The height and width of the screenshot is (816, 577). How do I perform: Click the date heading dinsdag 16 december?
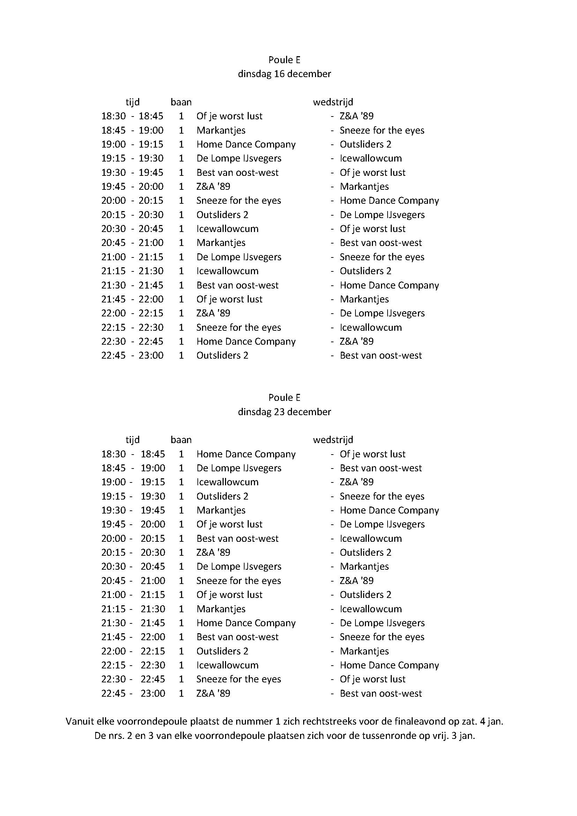284,74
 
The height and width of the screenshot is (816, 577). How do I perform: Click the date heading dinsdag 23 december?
284,412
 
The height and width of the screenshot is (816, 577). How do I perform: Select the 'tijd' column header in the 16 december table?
133,102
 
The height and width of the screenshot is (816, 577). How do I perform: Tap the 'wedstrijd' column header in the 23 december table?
333,440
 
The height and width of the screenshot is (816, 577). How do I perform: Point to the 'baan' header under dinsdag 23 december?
181,440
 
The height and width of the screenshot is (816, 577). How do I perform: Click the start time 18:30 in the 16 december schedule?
113,116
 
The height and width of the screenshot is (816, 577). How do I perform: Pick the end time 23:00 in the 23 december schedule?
153,694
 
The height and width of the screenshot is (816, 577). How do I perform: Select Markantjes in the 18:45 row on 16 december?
221,130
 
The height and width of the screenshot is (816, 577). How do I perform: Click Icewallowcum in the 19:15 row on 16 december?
370,158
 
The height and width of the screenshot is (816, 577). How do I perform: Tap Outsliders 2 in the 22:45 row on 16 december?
223,355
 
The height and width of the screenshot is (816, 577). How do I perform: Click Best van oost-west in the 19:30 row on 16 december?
237,173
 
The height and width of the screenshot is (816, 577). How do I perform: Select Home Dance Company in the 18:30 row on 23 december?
246,454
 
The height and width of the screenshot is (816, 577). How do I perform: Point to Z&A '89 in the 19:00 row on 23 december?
357,482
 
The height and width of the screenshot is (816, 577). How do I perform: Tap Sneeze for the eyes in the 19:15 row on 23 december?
382,496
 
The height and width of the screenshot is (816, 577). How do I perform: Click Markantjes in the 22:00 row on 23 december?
364,651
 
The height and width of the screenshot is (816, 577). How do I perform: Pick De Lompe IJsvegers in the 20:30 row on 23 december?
239,567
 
